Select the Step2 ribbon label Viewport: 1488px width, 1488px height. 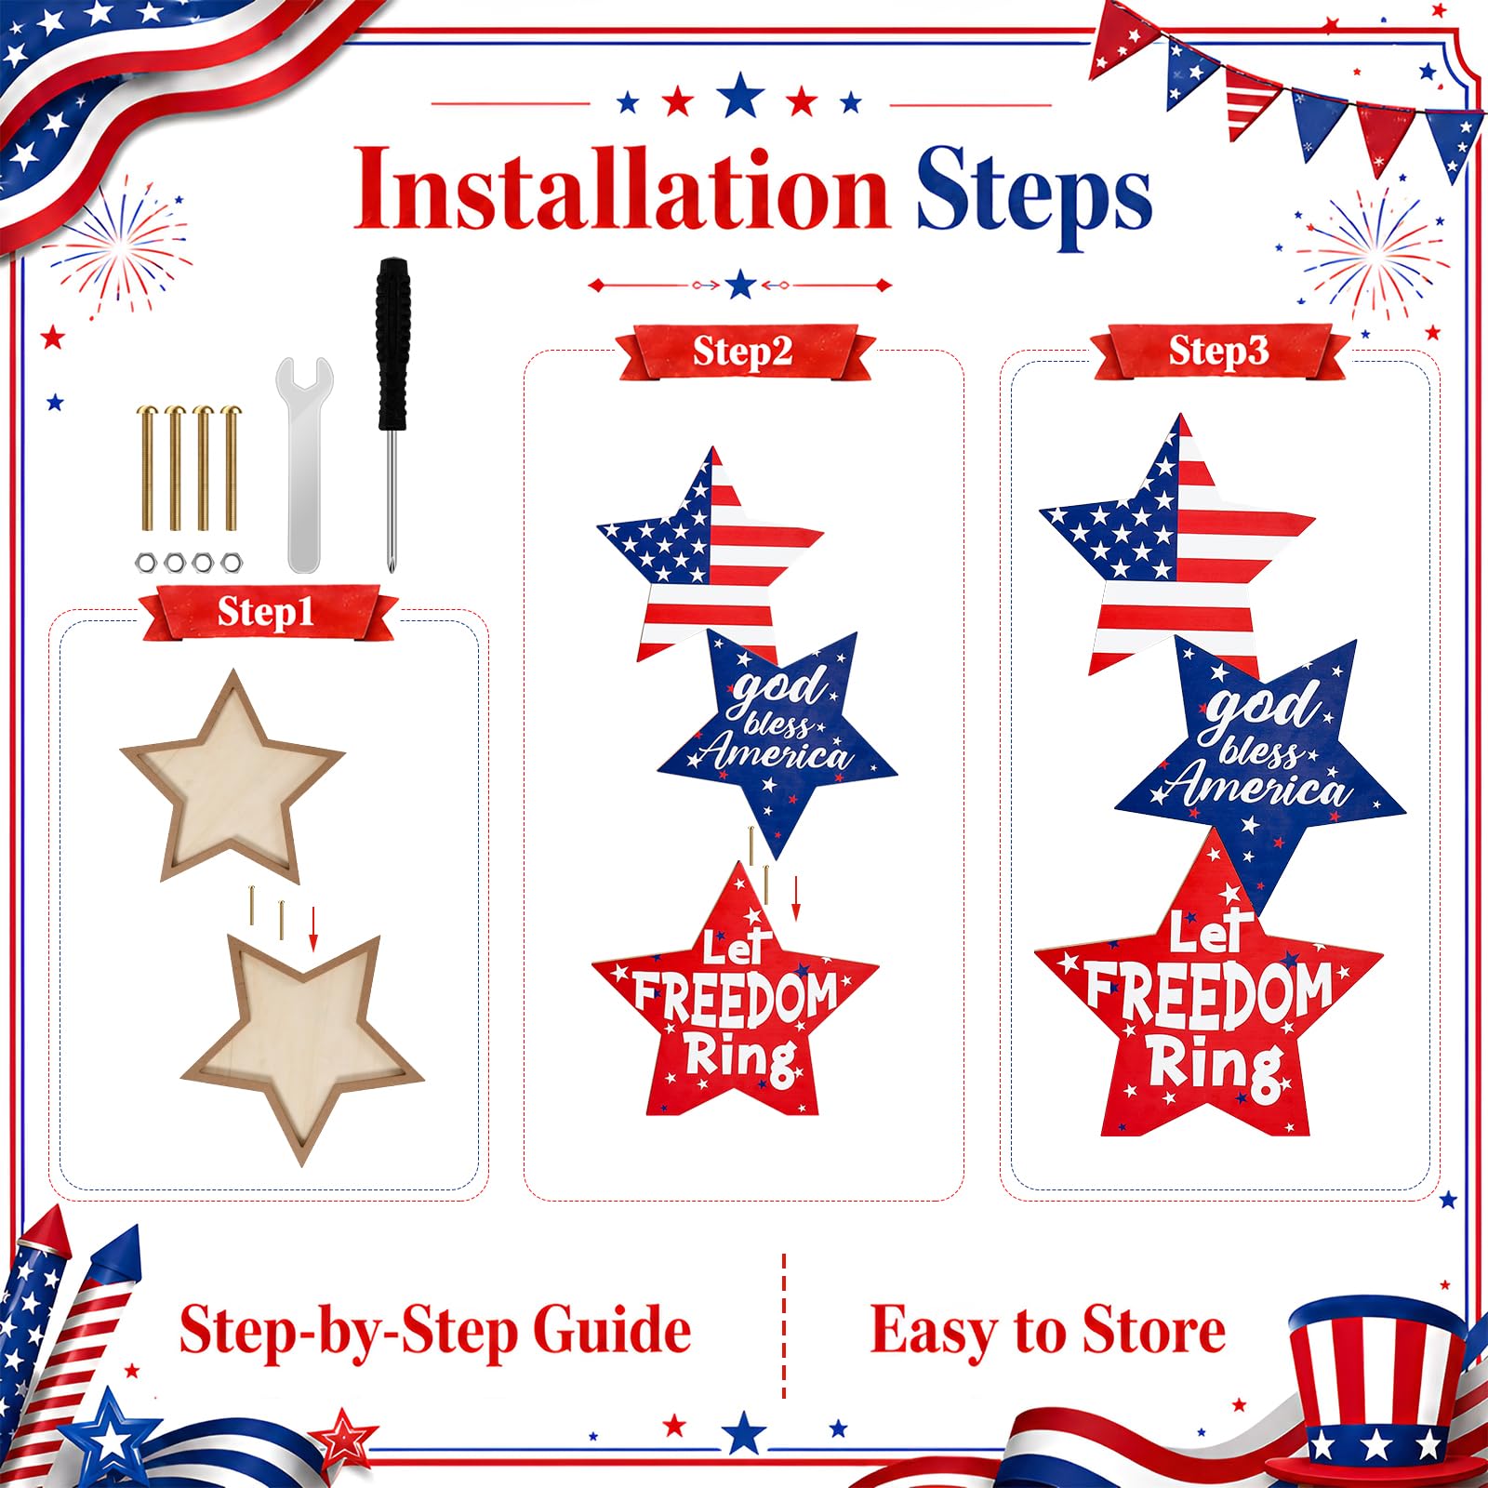click(x=744, y=352)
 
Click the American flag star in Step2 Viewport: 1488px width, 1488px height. click(x=709, y=555)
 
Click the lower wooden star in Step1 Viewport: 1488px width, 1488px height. click(x=303, y=1043)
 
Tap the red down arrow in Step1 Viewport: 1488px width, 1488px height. click(x=313, y=928)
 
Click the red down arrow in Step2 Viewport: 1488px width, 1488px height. click(x=796, y=897)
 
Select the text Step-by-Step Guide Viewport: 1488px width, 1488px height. click(x=435, y=1331)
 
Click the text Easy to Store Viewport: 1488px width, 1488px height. click(x=1048, y=1331)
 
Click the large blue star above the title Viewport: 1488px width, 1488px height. click(x=740, y=95)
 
